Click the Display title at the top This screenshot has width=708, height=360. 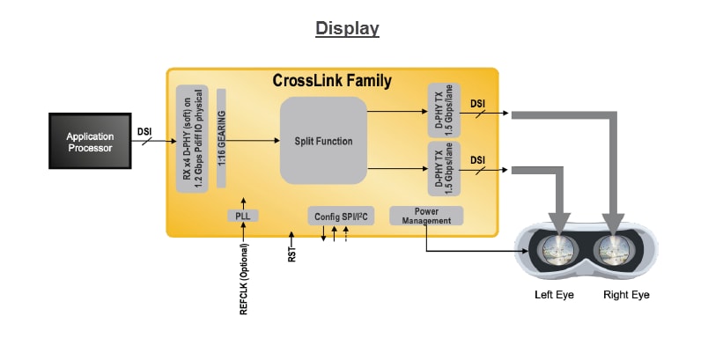[x=347, y=28]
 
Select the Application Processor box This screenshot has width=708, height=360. [x=89, y=142]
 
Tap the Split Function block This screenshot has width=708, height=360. [x=323, y=141]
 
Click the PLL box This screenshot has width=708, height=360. [x=241, y=216]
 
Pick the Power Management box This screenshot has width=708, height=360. [x=425, y=216]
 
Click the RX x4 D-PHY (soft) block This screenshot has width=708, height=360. [x=191, y=136]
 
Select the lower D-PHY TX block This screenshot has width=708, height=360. [x=442, y=170]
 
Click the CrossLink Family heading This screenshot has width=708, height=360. [x=332, y=81]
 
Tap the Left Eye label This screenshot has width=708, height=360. [x=554, y=295]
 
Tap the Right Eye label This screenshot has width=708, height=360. [x=626, y=295]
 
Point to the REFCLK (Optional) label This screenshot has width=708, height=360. [x=244, y=279]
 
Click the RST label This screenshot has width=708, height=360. [x=291, y=255]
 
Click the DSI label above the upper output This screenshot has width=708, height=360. [x=478, y=103]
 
